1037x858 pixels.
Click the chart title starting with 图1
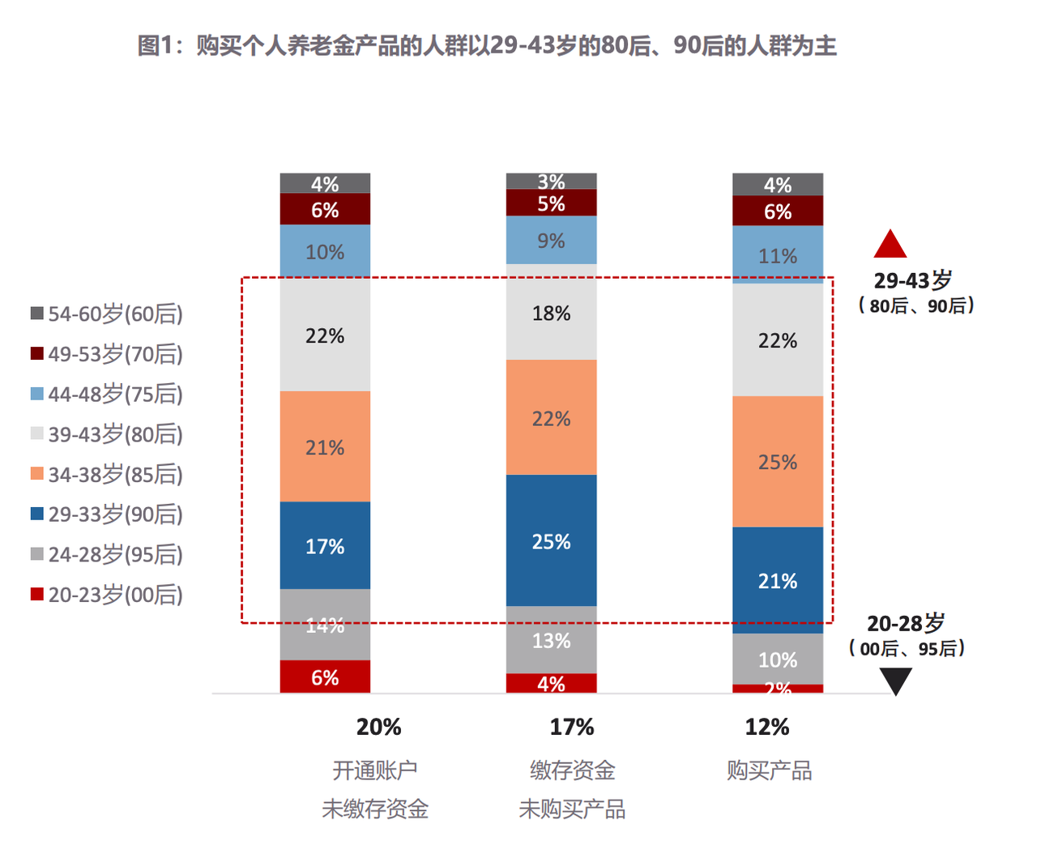[x=487, y=45]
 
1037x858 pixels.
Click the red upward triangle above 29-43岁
[x=890, y=245]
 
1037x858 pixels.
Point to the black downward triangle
[x=896, y=681]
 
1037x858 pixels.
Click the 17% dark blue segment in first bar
[x=325, y=545]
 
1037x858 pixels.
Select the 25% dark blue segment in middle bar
[x=551, y=540]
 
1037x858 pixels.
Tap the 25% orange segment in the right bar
[x=778, y=462]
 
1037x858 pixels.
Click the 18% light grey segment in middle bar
[x=551, y=313]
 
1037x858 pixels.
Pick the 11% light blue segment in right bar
[x=778, y=255]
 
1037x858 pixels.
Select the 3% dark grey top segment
[x=551, y=181]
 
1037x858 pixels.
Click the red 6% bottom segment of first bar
[x=325, y=677]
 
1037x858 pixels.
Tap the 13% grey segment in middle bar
[x=551, y=640]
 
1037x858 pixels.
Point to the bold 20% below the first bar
[x=378, y=727]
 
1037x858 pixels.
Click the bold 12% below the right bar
[x=766, y=727]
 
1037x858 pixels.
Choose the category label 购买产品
[x=769, y=770]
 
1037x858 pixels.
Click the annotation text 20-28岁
[x=906, y=623]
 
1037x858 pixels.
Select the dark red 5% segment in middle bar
[x=551, y=203]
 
